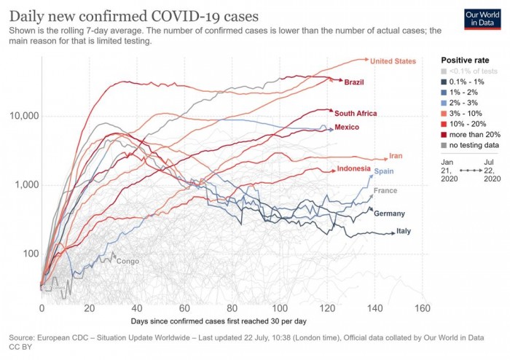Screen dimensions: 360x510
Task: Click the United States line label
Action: (393, 61)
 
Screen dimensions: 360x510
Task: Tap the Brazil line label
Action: (354, 82)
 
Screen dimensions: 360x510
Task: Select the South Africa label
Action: (356, 114)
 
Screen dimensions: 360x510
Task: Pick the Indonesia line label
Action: (356, 169)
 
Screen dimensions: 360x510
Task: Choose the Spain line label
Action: (384, 171)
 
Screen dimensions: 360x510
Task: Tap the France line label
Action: (385, 191)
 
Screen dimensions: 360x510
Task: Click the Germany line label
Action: (389, 214)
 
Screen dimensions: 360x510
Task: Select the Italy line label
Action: (404, 232)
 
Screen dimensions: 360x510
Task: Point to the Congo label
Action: (127, 261)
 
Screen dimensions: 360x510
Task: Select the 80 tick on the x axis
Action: (232, 308)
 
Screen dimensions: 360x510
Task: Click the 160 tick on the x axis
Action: (422, 308)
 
